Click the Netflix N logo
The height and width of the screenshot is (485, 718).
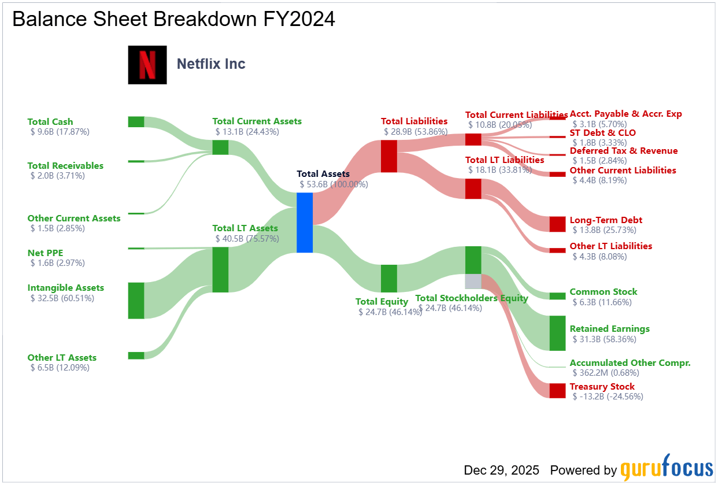(x=147, y=65)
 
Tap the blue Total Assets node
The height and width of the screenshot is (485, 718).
(x=305, y=223)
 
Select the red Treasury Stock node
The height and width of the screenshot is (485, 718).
(x=557, y=390)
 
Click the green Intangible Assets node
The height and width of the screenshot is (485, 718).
(x=136, y=301)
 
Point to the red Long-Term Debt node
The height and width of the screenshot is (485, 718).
(x=557, y=224)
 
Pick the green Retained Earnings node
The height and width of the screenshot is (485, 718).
(x=557, y=333)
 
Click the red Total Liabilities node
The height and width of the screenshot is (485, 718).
(x=389, y=156)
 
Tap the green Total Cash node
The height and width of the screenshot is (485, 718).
(x=136, y=122)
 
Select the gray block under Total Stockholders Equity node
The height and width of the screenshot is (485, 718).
(x=473, y=281)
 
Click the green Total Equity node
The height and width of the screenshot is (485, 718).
(x=389, y=278)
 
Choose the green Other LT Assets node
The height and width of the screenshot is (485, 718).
(x=136, y=356)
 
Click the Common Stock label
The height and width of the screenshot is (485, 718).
(x=604, y=292)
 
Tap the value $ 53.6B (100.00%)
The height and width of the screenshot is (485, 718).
(x=334, y=184)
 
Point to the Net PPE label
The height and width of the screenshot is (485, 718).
(x=45, y=253)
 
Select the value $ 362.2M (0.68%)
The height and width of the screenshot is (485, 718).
(x=606, y=373)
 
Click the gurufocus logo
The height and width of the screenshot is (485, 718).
(x=667, y=468)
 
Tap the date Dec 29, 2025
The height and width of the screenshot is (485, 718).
(x=501, y=470)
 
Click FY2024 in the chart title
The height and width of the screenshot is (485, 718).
(x=299, y=19)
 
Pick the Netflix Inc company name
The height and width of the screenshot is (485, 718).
(x=211, y=64)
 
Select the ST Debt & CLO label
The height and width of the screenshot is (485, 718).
(x=602, y=133)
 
